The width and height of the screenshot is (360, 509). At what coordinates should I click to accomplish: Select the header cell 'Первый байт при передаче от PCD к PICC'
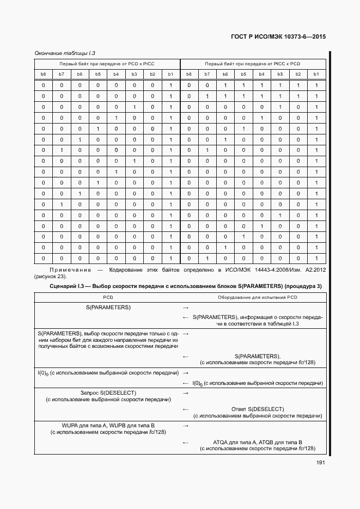point(107,64)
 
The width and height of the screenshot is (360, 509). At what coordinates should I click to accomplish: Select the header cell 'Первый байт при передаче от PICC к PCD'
point(253,64)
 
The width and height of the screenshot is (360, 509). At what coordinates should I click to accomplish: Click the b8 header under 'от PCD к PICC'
point(44,73)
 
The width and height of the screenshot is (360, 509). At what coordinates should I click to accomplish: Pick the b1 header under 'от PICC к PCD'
point(316,73)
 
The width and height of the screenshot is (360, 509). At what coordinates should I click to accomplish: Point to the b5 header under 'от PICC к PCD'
point(243,73)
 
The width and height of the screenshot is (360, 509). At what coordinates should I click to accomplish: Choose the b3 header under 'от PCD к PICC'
point(135,73)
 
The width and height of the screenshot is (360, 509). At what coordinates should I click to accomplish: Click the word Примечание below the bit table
point(69,270)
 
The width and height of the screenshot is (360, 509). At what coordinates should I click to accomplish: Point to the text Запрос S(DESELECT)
point(108,393)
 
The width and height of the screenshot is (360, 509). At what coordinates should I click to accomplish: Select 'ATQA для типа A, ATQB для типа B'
point(258,441)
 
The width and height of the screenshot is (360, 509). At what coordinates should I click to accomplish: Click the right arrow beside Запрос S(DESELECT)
point(186,393)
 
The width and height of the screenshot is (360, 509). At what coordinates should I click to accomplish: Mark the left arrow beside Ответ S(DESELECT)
point(186,409)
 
